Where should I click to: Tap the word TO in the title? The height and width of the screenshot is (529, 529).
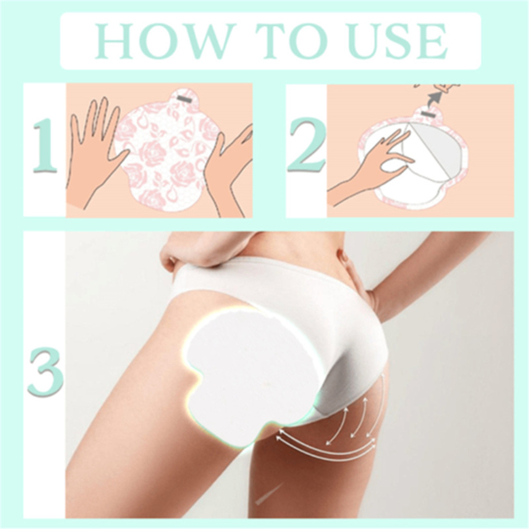pyautogui.click(x=291, y=41)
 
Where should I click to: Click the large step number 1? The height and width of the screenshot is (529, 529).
pyautogui.click(x=45, y=145)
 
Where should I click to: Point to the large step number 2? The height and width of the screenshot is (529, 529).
pyautogui.click(x=307, y=145)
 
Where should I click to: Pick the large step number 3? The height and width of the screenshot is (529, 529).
pyautogui.click(x=45, y=372)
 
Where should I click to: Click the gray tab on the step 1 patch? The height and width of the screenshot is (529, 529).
pyautogui.click(x=184, y=98)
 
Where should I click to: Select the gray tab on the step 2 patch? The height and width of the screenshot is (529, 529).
pyautogui.click(x=428, y=115)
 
